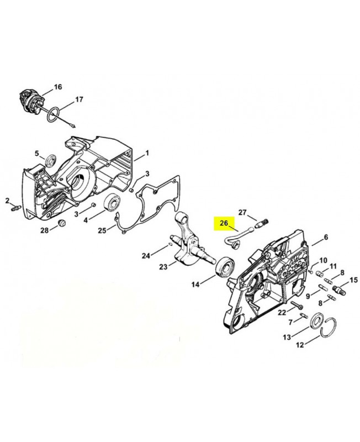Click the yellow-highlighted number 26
224,223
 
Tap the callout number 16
58,87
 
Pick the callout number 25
102,230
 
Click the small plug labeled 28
62,223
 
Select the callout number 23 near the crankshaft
163,266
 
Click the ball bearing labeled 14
225,266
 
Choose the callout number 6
326,238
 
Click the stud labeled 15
338,290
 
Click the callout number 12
300,345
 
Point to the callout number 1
147,154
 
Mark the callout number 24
146,256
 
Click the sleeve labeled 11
320,273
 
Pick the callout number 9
308,296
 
